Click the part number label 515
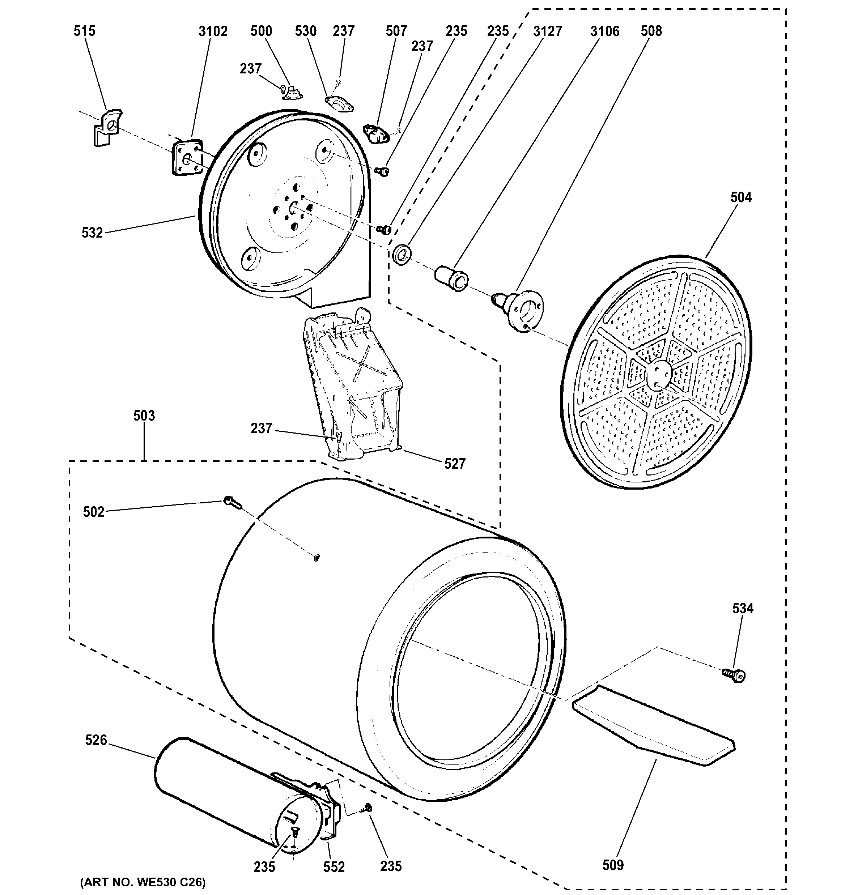[85, 31]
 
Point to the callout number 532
[92, 233]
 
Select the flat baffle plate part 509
[653, 725]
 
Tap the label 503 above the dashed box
[144, 415]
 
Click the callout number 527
[455, 464]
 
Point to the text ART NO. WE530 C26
[143, 882]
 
